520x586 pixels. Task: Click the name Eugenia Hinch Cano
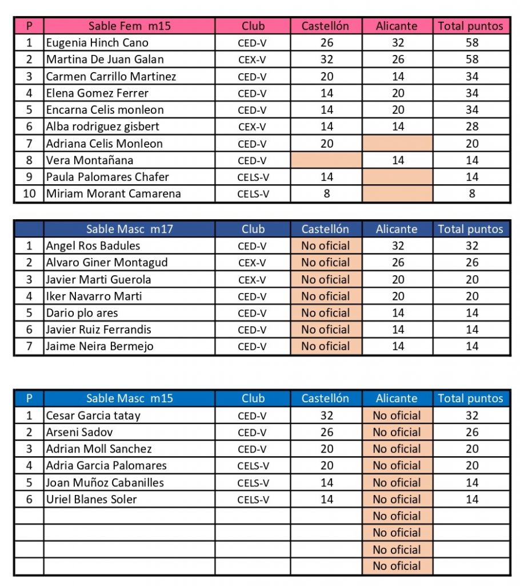click(x=97, y=43)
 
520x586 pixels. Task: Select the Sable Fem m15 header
click(x=129, y=26)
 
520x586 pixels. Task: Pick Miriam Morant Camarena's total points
click(x=471, y=193)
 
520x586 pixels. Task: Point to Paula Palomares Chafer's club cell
click(x=253, y=177)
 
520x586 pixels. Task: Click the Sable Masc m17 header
click(x=129, y=229)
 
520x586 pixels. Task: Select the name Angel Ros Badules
click(x=93, y=246)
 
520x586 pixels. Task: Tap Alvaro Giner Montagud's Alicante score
click(x=397, y=263)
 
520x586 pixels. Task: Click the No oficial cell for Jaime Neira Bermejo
click(x=326, y=346)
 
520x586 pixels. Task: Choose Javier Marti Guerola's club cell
click(x=253, y=280)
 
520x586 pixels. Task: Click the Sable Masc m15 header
click(x=129, y=398)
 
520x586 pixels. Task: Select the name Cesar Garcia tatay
click(x=93, y=416)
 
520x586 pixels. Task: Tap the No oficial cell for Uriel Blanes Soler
click(x=397, y=500)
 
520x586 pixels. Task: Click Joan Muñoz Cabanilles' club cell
click(x=253, y=483)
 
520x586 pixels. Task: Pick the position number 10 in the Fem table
click(x=29, y=193)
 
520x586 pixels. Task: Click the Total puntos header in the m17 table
click(x=471, y=229)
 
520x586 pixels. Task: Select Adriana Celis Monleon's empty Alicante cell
click(x=397, y=144)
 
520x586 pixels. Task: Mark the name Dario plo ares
click(x=82, y=313)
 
